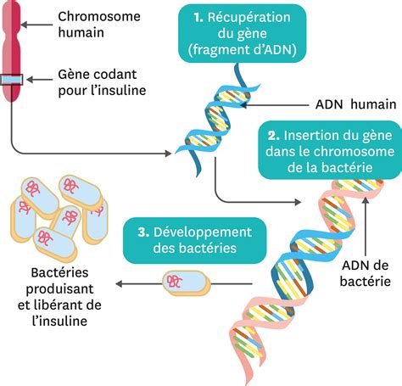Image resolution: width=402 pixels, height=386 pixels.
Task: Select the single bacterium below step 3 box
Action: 186,283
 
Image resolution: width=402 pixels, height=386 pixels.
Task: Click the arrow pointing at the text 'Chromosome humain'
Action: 34,25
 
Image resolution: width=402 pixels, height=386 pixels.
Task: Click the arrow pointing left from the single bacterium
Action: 136,283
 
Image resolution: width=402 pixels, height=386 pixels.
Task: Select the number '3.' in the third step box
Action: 140,232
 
